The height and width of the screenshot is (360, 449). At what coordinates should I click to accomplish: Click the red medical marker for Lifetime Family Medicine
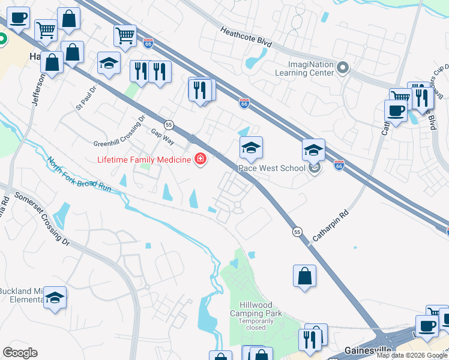point(199,159)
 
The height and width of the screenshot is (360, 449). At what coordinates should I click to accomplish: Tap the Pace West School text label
point(272,169)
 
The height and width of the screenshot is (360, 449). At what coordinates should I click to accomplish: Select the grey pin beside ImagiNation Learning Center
point(343,67)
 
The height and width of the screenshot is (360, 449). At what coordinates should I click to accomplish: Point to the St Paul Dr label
point(86,99)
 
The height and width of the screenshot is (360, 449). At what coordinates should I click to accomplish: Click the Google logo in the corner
point(20,352)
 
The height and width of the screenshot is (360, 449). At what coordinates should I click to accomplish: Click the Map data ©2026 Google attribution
point(412,355)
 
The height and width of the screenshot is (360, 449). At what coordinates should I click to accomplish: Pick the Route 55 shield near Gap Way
point(169,124)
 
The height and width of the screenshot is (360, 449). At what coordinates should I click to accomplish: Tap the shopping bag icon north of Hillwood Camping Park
point(305,276)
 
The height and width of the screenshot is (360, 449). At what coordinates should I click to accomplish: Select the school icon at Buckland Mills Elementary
point(55,298)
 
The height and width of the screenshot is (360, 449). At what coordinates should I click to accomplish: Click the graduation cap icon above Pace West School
point(252,147)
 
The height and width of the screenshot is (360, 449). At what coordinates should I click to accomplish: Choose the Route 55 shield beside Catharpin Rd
point(297,231)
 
